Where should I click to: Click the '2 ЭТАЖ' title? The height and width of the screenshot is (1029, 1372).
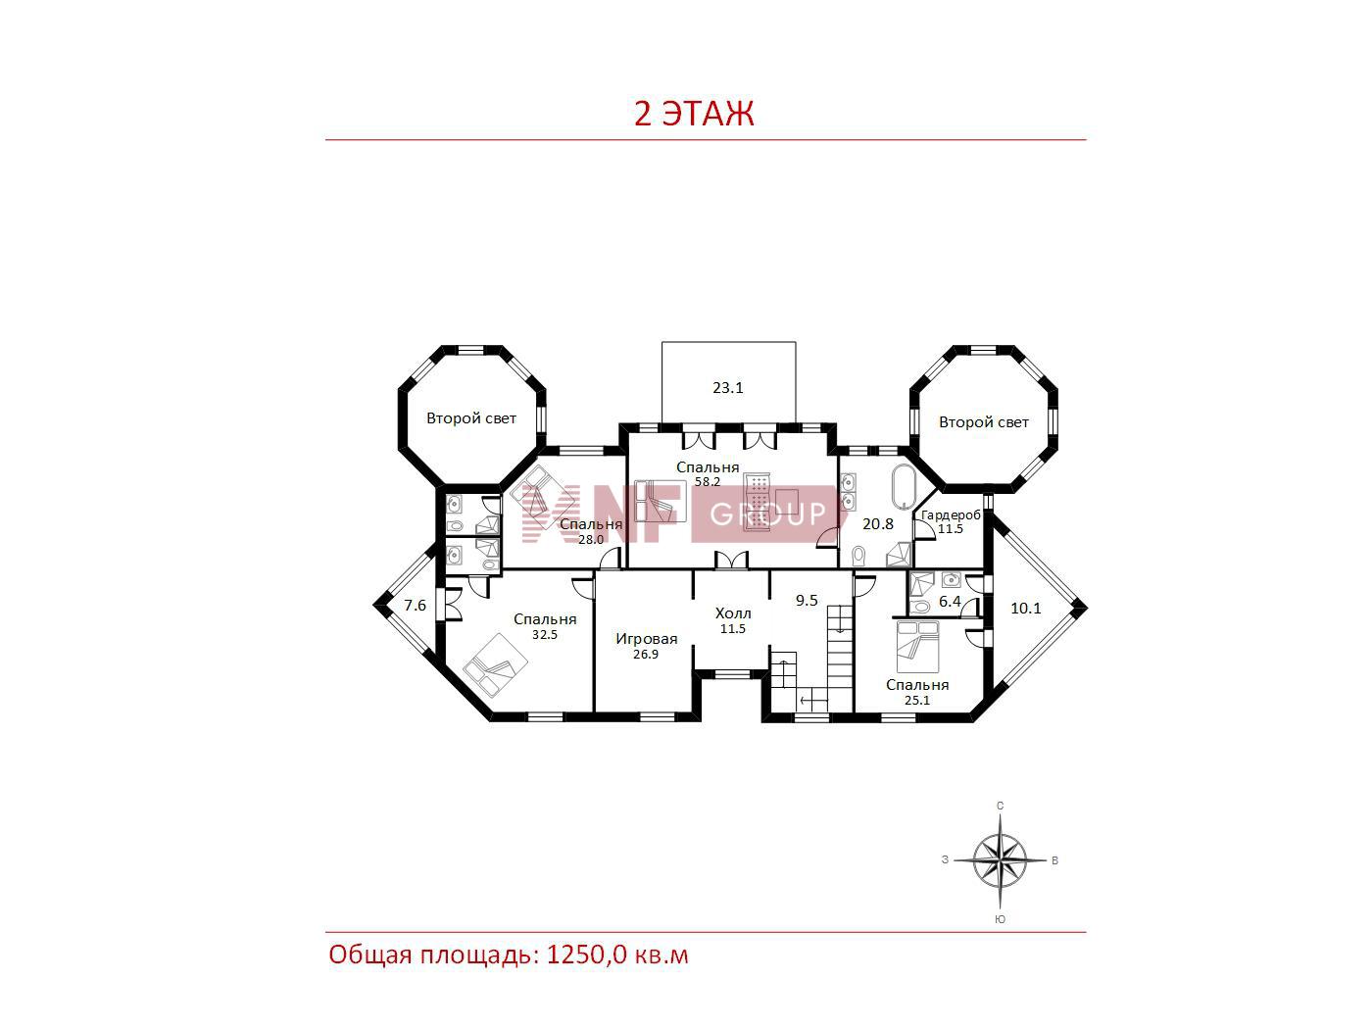pos(694,114)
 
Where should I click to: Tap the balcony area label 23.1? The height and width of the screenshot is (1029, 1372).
pos(728,388)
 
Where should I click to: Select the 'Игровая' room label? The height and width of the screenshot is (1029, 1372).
pos(646,639)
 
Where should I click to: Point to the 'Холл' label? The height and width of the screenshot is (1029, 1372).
pos(733,613)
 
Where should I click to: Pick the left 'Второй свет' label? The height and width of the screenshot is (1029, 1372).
pos(471,418)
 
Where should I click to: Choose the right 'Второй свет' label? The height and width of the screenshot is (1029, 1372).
pos(984,423)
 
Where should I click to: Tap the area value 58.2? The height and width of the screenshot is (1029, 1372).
pos(708,482)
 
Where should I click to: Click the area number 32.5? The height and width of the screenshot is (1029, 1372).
pos(545,635)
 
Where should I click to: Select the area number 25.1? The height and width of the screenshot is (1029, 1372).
pos(917,701)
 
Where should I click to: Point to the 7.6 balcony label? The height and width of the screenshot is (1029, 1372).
pos(416,606)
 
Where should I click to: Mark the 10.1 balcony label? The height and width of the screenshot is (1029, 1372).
pos(1026,609)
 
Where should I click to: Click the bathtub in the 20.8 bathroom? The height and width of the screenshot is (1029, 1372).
pos(904,486)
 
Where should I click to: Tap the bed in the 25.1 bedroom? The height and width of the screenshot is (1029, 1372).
pos(917,646)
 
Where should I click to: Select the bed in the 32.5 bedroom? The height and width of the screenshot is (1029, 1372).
pos(496,665)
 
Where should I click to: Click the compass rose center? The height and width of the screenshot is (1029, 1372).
pos(1001,860)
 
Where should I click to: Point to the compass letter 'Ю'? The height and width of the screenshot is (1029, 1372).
pos(1001,919)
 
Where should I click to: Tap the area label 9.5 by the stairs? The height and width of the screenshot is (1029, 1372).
pos(807,601)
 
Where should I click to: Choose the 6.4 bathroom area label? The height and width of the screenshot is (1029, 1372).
pos(950,602)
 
